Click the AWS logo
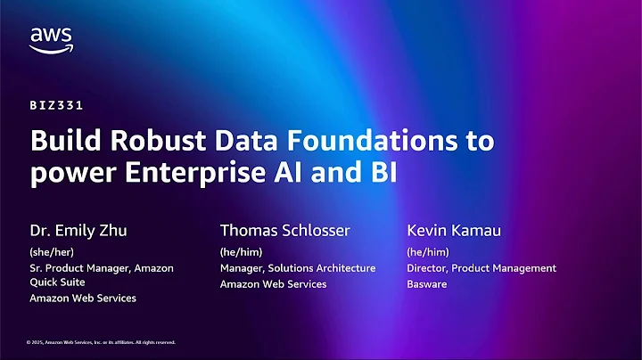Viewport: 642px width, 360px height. pyautogui.click(x=50, y=39)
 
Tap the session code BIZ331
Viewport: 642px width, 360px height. pyautogui.click(x=57, y=105)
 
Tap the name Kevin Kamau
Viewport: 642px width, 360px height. pyautogui.click(x=452, y=231)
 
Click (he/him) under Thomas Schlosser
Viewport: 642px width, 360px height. pyautogui.click(x=242, y=251)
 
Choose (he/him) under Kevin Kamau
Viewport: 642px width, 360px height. pyautogui.click(x=428, y=251)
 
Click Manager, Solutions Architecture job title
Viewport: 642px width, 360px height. pyautogui.click(x=298, y=267)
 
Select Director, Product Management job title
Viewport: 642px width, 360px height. pyautogui.click(x=481, y=267)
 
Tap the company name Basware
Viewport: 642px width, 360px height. pyautogui.click(x=427, y=283)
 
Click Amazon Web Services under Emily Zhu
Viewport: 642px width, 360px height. pyautogui.click(x=83, y=298)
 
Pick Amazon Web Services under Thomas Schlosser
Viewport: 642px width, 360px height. pyautogui.click(x=273, y=283)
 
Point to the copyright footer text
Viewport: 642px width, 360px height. pyautogui.click(x=101, y=342)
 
